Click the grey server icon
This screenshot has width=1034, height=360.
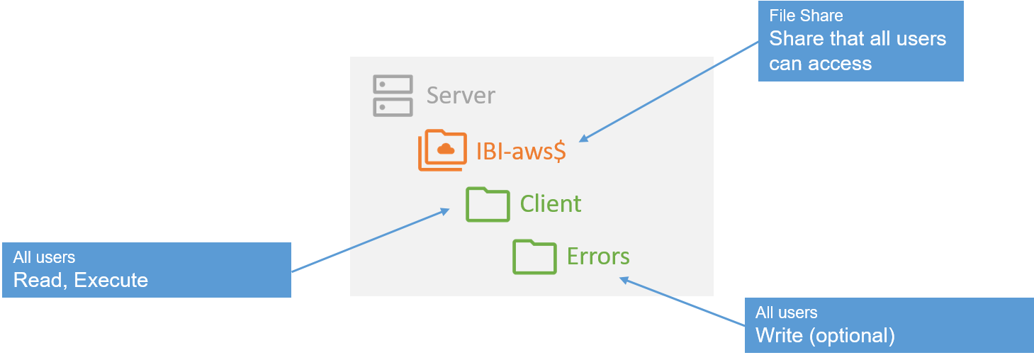coord(392,96)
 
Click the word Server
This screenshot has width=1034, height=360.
coord(461,96)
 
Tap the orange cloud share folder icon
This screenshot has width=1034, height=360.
coord(442,150)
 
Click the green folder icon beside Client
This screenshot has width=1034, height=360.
coord(488,204)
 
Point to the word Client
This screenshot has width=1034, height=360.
coord(551,204)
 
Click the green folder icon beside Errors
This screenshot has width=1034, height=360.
coord(534,256)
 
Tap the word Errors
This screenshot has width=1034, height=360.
coord(598,256)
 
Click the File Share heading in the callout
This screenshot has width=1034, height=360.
coord(806,16)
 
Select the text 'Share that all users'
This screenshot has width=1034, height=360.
coord(858,38)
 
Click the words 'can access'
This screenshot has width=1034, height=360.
coord(820,64)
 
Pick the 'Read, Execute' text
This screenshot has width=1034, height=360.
coord(81,280)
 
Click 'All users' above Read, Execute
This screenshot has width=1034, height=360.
coord(44,258)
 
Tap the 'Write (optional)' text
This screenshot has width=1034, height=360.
coord(825,334)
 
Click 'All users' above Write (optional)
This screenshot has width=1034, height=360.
coord(786,313)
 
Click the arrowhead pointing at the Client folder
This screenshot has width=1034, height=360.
coord(444,210)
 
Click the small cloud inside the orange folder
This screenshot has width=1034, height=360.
coord(446,148)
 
